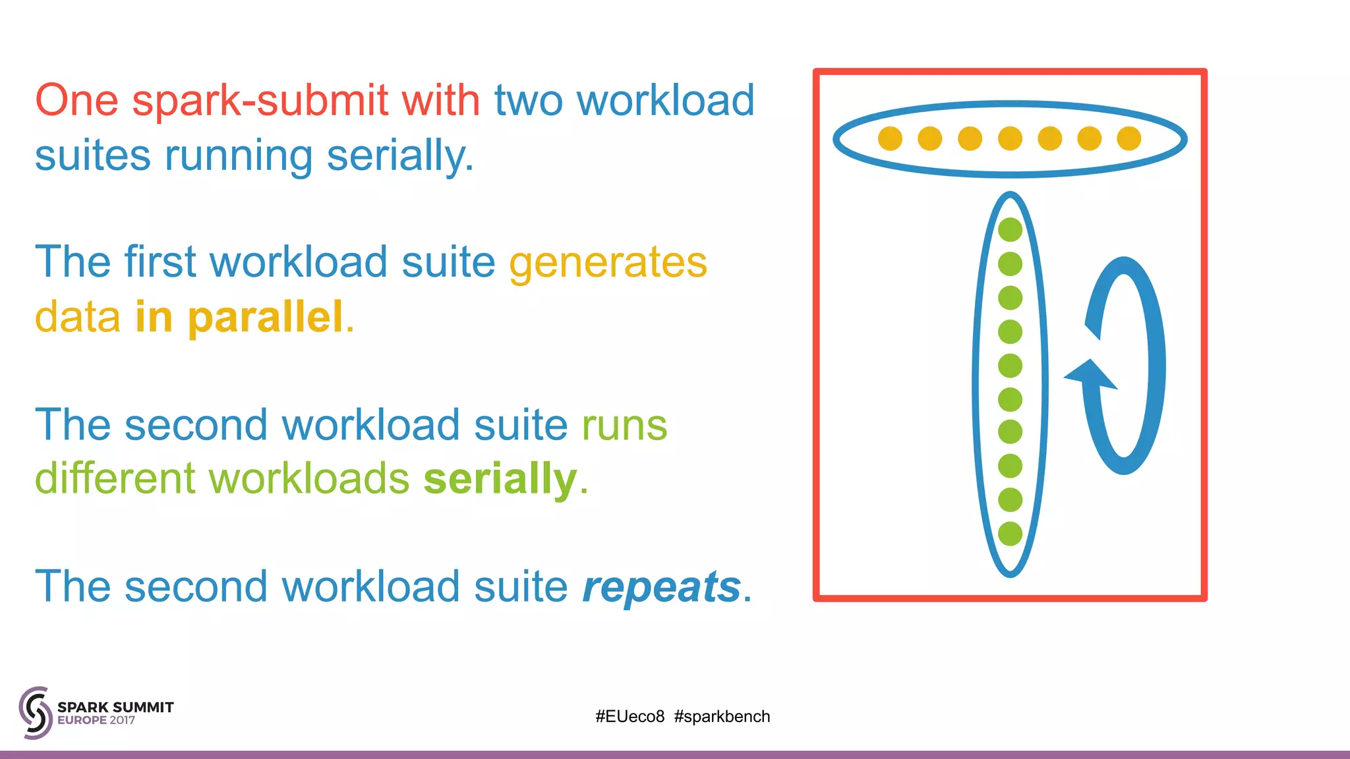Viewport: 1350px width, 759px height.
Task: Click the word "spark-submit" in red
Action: tap(260, 101)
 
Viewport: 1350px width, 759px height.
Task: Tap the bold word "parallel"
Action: tap(265, 317)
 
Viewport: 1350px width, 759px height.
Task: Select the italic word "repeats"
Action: tap(661, 586)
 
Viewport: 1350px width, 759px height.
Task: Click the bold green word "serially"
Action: tap(500, 478)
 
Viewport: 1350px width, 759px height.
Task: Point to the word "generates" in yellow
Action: tap(608, 262)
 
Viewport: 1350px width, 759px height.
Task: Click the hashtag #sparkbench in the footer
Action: tap(722, 716)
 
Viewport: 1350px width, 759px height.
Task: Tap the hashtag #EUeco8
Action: tap(630, 716)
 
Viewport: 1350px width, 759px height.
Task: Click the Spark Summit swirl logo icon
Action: tap(35, 712)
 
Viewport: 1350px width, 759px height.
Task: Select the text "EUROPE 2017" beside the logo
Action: tap(96, 721)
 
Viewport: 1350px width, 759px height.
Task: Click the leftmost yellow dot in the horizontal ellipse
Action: tap(890, 138)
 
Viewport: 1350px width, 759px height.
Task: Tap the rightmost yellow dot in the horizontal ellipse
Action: tap(1129, 138)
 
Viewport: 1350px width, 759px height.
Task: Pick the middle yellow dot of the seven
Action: tap(1010, 138)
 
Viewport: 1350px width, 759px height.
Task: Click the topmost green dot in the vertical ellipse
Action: tap(1010, 230)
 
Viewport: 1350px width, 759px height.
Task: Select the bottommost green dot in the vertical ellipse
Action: tap(1010, 534)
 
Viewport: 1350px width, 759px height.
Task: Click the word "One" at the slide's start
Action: tap(76, 101)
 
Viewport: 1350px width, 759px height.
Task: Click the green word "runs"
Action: tap(624, 425)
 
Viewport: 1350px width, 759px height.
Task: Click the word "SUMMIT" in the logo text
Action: tap(143, 707)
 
